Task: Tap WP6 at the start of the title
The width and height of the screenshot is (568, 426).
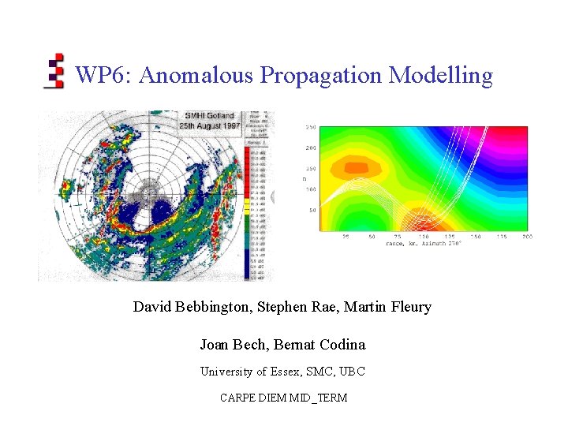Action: [x=102, y=76]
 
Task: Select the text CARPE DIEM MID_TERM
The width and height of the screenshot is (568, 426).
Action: [x=283, y=398]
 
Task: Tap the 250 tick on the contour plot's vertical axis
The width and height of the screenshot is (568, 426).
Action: [x=311, y=127]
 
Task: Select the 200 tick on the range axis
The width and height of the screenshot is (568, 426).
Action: [x=527, y=236]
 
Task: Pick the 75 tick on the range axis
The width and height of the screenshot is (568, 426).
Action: [x=397, y=236]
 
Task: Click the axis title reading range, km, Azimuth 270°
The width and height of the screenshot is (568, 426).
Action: [x=423, y=243]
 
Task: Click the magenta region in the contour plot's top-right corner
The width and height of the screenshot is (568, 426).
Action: [x=513, y=138]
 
